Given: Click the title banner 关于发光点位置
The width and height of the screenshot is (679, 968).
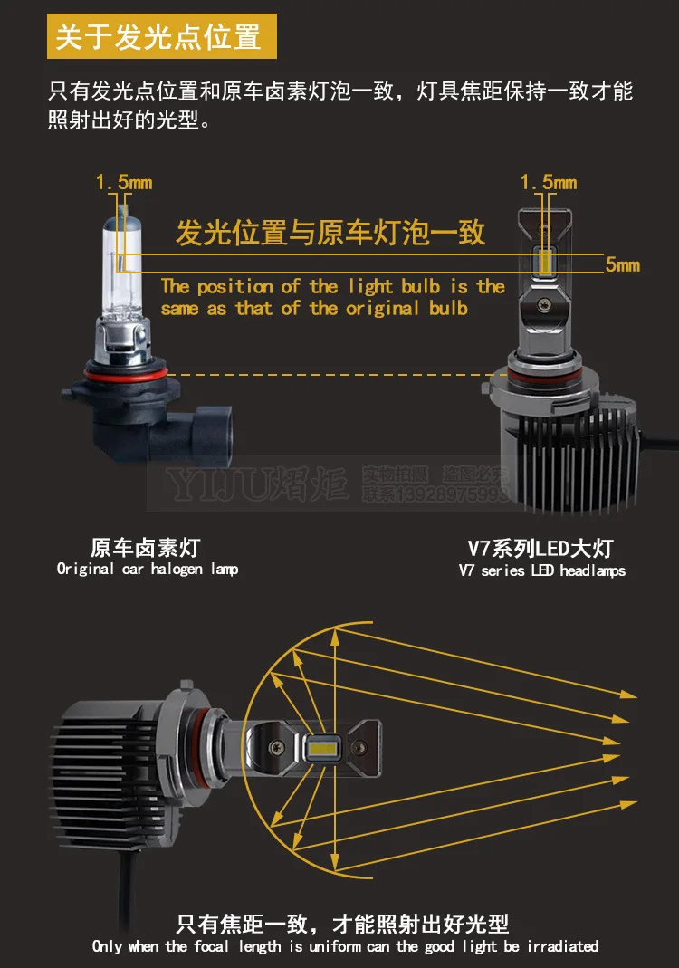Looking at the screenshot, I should click(161, 37).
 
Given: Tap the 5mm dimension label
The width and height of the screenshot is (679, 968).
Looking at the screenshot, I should click(622, 264).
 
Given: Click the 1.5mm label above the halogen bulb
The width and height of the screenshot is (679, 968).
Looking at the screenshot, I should click(124, 183).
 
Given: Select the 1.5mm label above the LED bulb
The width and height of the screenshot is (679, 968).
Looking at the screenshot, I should click(548, 183).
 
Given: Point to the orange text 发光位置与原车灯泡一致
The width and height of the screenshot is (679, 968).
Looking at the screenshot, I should click(330, 232).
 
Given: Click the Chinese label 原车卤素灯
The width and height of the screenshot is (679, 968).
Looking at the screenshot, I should click(145, 548).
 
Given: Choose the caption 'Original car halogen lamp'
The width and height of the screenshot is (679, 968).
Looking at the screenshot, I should click(148, 570).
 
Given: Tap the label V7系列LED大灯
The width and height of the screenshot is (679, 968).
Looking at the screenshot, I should click(540, 548).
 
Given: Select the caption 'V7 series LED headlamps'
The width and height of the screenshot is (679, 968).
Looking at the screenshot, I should click(541, 570).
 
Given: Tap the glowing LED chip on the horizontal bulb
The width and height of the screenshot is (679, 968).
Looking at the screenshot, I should click(323, 748).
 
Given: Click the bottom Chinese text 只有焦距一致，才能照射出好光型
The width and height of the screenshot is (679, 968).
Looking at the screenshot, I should click(342, 924).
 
